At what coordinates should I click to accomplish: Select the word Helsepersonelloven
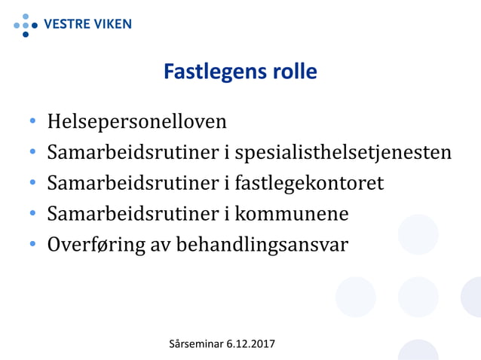pos(136,121)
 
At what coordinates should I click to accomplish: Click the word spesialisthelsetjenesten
pos(344,153)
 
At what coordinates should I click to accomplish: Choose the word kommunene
pos(292,214)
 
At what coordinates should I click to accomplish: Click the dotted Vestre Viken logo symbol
pos(26,25)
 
